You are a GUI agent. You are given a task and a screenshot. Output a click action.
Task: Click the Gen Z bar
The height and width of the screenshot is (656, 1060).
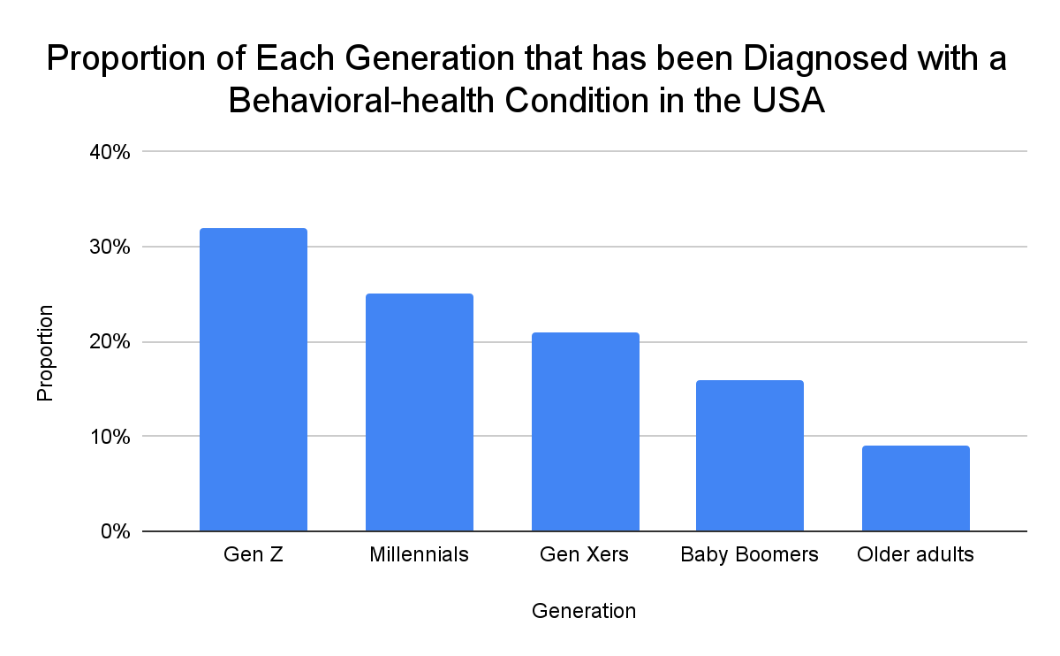tap(254, 380)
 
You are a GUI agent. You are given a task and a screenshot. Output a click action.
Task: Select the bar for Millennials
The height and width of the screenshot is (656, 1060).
tap(419, 413)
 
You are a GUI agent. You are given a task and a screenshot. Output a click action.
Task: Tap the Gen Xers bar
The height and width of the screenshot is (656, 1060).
tap(585, 432)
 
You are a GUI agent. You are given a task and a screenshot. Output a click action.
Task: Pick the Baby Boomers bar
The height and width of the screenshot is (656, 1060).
tap(750, 456)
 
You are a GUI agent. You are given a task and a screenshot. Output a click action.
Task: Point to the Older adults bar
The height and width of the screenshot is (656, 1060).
tap(915, 489)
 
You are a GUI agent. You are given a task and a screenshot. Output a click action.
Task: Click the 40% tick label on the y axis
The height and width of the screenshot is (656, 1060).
tap(110, 152)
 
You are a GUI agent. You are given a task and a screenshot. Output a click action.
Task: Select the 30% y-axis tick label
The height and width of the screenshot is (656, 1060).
tap(110, 248)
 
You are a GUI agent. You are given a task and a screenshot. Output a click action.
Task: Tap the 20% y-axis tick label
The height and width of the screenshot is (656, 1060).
tap(110, 342)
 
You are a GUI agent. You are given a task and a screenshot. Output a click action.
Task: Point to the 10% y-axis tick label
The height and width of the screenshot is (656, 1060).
tap(110, 437)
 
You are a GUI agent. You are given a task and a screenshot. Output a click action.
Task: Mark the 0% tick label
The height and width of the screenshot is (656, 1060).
tap(115, 532)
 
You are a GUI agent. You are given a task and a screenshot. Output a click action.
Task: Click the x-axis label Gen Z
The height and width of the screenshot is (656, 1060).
tap(254, 556)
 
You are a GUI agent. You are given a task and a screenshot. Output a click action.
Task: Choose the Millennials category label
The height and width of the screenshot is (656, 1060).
tap(419, 556)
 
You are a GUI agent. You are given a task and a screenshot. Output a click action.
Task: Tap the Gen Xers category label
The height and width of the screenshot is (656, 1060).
tap(585, 556)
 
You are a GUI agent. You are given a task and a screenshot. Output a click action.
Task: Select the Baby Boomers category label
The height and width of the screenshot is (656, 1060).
tap(750, 556)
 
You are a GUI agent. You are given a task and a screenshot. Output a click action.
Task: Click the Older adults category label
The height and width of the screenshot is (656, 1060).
tap(915, 556)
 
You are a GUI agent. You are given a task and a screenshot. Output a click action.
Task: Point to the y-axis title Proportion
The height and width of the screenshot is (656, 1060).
tap(46, 353)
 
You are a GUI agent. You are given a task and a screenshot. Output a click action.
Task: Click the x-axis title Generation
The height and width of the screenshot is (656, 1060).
tap(584, 611)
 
